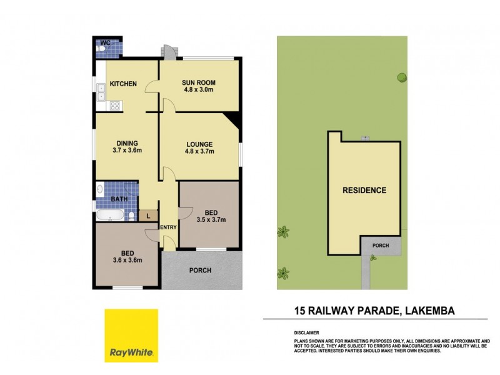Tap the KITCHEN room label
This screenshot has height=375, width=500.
click(x=123, y=84)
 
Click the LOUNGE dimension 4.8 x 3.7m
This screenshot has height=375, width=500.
click(x=199, y=151)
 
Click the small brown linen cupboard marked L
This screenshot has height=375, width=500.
click(x=147, y=216)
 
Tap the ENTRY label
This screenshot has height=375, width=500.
click(x=168, y=227)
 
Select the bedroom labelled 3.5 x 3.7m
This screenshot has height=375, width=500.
click(x=210, y=219)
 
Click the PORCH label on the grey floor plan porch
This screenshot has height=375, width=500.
click(x=201, y=271)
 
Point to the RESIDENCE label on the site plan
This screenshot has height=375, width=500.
click(x=364, y=190)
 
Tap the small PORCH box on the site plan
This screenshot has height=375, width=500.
click(x=380, y=246)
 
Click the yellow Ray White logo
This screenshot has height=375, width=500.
click(x=131, y=335)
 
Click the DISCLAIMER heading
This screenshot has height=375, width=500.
click(x=306, y=332)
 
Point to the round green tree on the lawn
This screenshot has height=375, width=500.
click(x=401, y=77)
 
